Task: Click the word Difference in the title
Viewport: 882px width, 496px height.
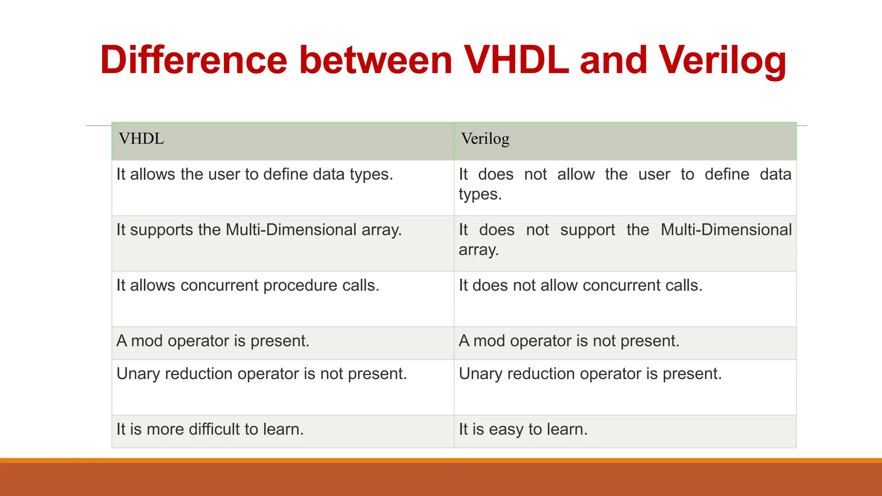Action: pos(193,60)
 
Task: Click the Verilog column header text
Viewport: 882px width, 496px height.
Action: pos(485,139)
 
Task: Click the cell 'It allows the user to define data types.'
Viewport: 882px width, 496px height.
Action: pos(255,174)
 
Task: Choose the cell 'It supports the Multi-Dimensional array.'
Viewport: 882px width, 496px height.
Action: pos(259,230)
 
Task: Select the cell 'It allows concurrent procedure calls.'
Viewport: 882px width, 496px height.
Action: pos(248,285)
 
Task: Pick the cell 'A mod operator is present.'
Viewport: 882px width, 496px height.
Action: pos(213,341)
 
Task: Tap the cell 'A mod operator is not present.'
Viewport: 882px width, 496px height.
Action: pos(569,341)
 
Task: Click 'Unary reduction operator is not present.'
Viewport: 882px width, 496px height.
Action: pos(261,374)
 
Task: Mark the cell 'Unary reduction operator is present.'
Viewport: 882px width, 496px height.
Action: pos(590,374)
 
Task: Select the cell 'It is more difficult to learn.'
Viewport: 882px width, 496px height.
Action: pos(210,429)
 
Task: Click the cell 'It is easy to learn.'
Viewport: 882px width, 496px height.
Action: pos(523,429)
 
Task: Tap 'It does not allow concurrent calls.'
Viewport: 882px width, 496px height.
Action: pos(580,285)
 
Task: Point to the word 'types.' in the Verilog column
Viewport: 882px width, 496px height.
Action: pos(480,195)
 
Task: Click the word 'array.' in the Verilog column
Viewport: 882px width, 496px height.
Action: pos(478,250)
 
